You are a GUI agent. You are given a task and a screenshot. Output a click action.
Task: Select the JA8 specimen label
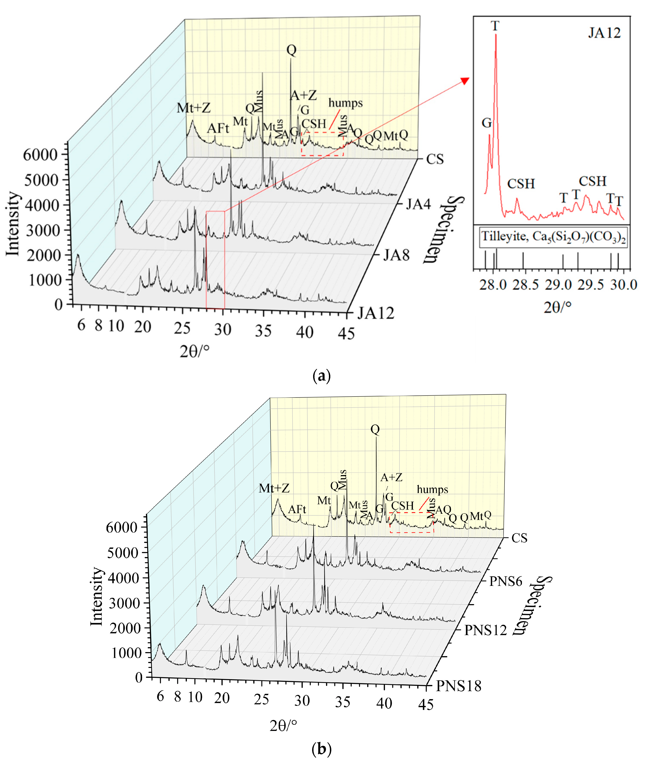pyautogui.click(x=396, y=255)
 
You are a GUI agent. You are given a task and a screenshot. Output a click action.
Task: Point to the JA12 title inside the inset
pyautogui.click(x=604, y=33)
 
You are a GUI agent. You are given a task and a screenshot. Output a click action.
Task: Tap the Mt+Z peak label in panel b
pyautogui.click(x=274, y=488)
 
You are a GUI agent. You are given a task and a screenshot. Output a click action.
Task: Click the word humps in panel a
pyautogui.click(x=346, y=103)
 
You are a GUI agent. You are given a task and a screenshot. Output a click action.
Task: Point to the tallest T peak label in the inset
pyautogui.click(x=495, y=26)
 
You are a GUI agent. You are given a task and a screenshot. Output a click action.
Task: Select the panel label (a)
pyautogui.click(x=322, y=376)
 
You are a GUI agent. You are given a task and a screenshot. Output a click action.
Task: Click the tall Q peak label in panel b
pyautogui.click(x=375, y=429)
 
